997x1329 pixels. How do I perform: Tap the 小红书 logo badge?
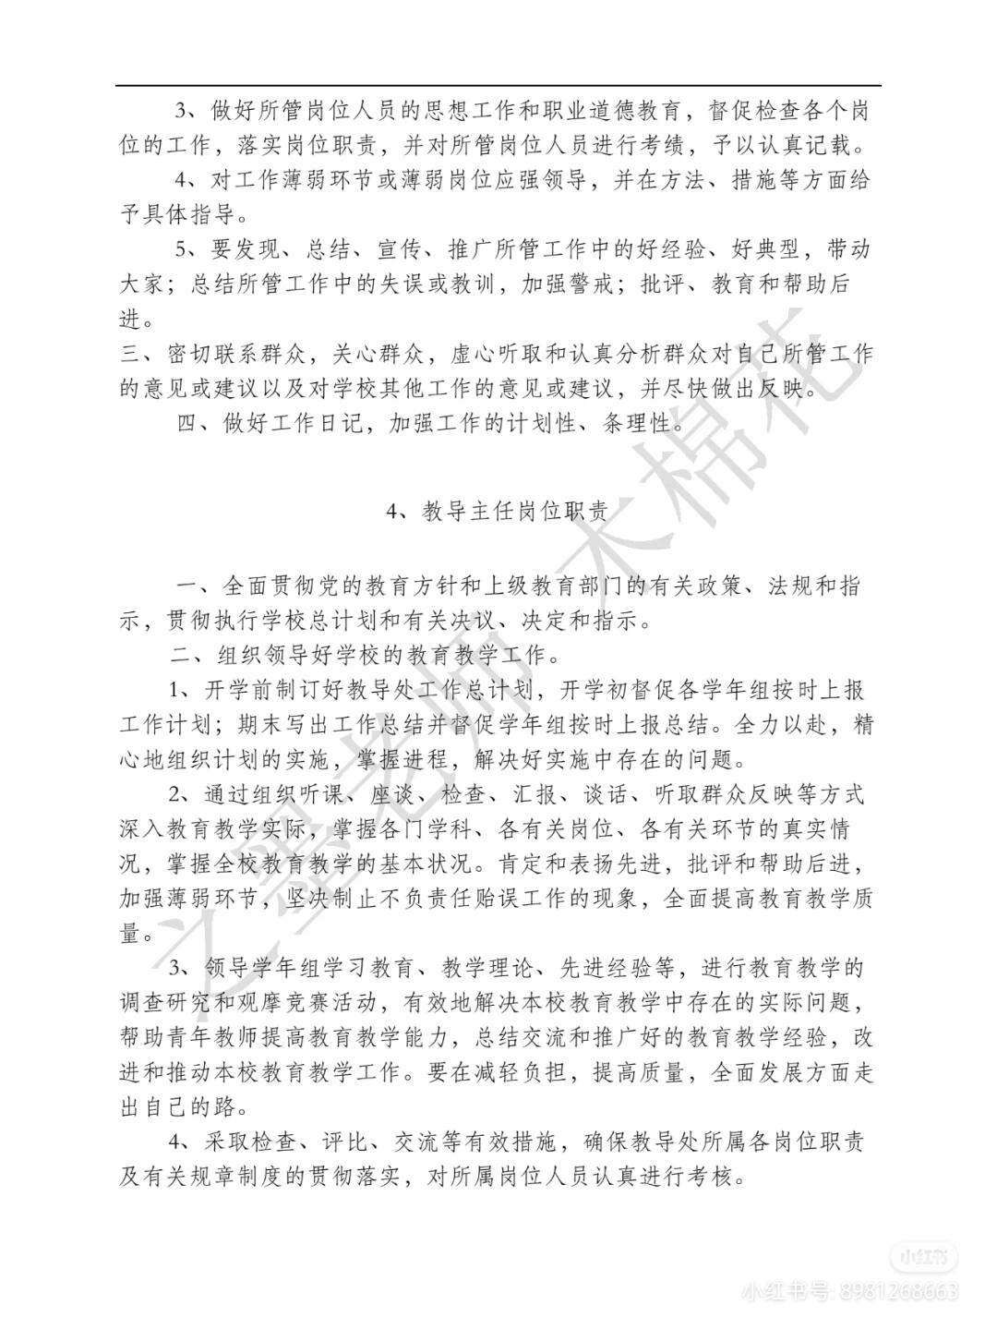click(923, 1257)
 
